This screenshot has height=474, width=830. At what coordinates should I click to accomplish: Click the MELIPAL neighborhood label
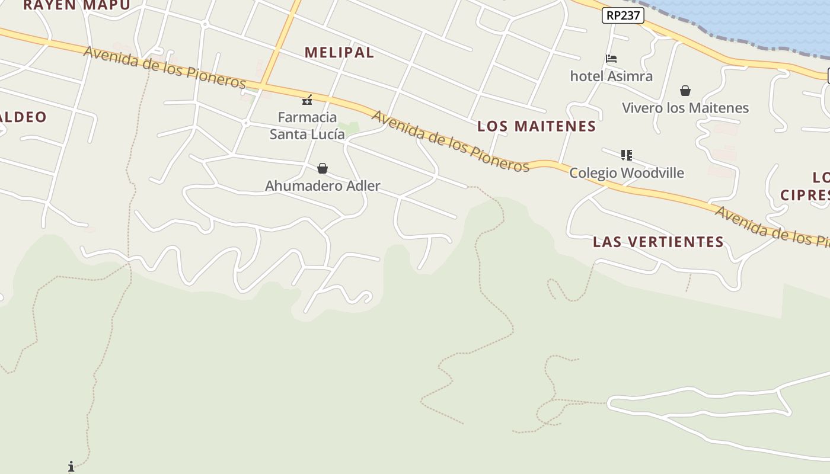[x=339, y=52]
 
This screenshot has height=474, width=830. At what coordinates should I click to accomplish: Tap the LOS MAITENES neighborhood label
[x=537, y=126]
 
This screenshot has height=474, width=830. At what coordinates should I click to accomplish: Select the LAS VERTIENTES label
[x=658, y=242]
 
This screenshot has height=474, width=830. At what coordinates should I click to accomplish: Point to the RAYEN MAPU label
[x=77, y=5]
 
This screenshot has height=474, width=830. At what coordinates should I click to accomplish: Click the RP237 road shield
[x=622, y=15]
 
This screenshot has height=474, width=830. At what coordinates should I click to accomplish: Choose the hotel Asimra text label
[x=611, y=76]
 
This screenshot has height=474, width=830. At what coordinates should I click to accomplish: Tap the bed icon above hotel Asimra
[x=611, y=59]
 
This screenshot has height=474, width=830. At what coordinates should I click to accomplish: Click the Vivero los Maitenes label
[x=685, y=108]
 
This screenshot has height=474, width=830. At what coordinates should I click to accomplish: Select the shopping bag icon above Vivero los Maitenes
[x=685, y=91]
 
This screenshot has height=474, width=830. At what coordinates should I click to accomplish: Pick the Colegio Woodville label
[x=627, y=173]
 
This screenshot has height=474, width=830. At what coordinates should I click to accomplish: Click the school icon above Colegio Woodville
[x=627, y=155]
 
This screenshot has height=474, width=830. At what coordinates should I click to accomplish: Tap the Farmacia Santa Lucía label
[x=307, y=126]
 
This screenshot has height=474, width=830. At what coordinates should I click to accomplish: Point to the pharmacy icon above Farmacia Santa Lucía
[x=307, y=100]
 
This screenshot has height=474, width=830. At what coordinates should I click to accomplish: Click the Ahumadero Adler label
[x=323, y=186]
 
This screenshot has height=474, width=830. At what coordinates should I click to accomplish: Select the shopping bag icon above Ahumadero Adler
[x=323, y=169]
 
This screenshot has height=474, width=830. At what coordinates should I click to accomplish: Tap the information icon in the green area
[x=71, y=467]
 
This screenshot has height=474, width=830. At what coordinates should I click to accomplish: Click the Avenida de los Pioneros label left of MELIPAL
[x=165, y=67]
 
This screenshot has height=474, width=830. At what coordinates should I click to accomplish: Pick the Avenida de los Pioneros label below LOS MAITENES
[x=451, y=141]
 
